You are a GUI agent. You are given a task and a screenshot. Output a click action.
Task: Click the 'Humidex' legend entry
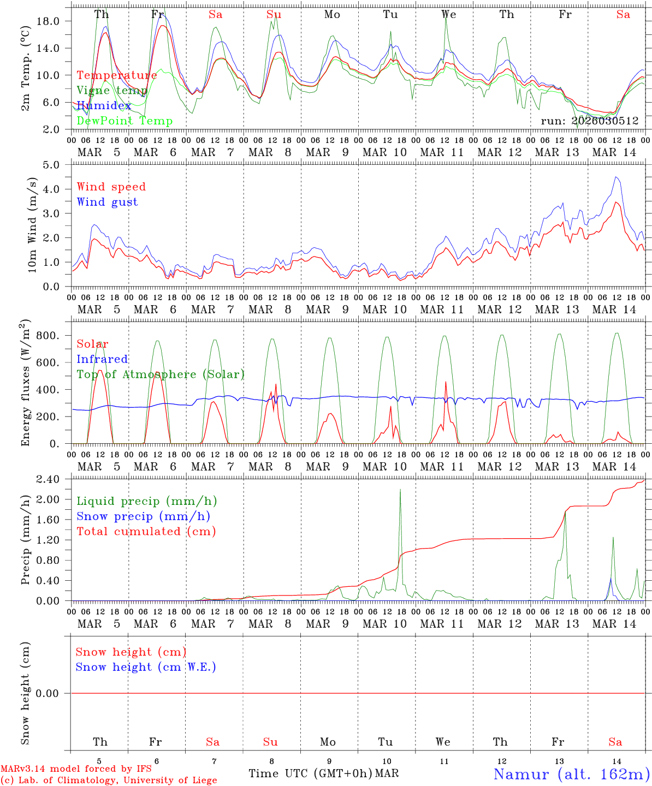(104, 106)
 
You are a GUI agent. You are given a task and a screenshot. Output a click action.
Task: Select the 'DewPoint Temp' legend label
(125, 121)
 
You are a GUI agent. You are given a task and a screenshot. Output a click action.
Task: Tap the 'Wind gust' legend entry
(107, 202)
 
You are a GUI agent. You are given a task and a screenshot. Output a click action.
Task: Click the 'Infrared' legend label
(102, 359)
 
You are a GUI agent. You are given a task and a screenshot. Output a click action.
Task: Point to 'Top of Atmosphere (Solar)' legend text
(160, 374)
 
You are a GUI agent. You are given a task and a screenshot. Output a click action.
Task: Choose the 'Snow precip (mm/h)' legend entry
(143, 516)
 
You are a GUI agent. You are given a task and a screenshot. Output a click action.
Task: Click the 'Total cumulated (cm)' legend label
(146, 532)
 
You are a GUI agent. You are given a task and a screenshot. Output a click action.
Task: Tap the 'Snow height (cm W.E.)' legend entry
(146, 667)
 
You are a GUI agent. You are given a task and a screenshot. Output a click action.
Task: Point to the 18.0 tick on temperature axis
(47, 21)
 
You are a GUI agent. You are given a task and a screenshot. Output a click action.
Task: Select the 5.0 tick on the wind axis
(50, 165)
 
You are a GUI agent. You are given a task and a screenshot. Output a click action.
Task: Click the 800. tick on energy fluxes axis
(47, 336)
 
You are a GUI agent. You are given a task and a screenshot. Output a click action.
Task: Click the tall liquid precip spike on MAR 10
(400, 490)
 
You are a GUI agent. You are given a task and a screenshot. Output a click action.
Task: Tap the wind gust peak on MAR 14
(616, 177)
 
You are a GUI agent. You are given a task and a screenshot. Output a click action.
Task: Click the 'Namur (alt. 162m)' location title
(571, 774)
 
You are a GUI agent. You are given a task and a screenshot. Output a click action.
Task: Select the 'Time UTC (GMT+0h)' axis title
(310, 773)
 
